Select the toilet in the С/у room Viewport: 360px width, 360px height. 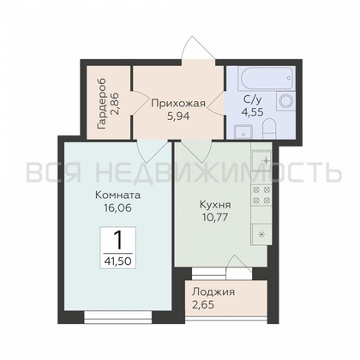(269, 129)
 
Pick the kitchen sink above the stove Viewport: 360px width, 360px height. (263, 164)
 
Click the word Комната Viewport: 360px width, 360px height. (118, 194)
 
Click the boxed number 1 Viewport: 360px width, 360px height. (117, 237)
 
